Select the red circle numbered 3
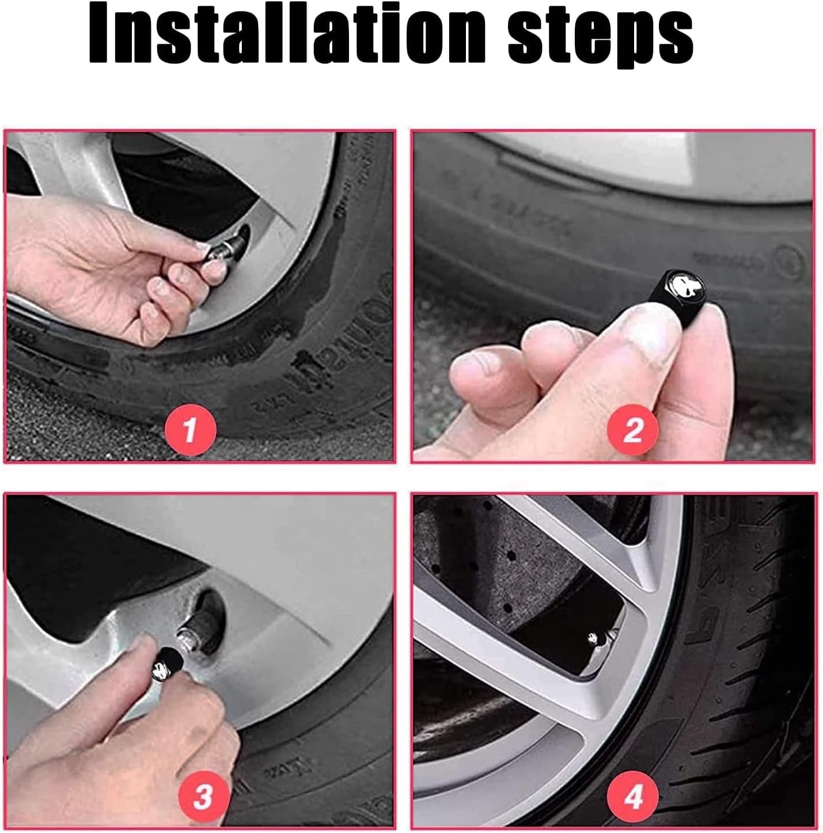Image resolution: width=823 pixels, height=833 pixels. pos(202,797)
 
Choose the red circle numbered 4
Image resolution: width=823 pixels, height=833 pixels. pos(633,797)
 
